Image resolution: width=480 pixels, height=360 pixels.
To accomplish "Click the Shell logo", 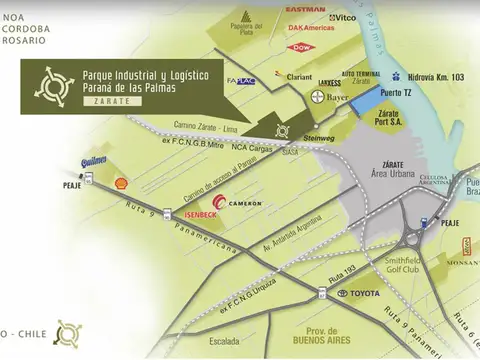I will (x=122, y=184).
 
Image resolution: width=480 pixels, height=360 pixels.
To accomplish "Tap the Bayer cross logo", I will (x=317, y=97).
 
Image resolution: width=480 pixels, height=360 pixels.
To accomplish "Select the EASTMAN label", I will (x=306, y=9).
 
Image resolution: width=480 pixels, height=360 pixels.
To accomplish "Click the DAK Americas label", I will (x=310, y=29).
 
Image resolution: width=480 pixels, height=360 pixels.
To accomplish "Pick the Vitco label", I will (x=345, y=18).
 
